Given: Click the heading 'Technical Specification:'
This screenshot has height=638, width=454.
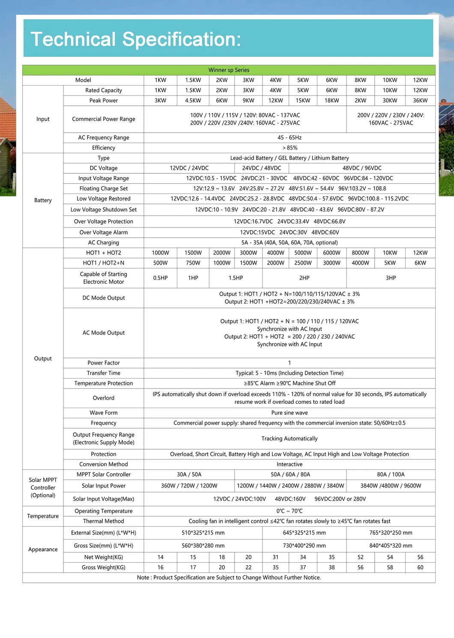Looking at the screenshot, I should click(136, 39).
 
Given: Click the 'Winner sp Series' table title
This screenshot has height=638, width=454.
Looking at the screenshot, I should click(229, 70).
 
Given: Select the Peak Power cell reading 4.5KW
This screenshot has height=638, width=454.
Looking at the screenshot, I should click(193, 101).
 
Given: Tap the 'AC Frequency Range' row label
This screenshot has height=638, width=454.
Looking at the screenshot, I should click(104, 137).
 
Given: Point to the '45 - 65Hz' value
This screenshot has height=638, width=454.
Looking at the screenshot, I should click(290, 137).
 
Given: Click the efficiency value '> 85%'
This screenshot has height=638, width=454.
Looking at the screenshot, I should click(290, 148).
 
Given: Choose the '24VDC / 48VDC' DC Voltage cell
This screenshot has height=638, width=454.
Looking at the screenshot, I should click(262, 168).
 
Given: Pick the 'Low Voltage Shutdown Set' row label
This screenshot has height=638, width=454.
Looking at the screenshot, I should click(104, 210).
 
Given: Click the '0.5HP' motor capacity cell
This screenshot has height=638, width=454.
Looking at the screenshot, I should click(161, 278).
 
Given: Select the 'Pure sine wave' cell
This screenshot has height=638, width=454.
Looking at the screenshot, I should click(290, 413).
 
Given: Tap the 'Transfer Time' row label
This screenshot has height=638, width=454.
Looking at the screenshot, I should click(104, 373).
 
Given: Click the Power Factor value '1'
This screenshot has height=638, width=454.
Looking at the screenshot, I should click(290, 363).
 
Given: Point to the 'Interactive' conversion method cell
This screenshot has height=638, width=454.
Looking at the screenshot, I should click(290, 464).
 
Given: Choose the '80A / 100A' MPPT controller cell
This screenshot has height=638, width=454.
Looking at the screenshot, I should click(391, 474).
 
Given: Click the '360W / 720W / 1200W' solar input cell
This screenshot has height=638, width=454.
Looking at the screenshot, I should click(189, 486).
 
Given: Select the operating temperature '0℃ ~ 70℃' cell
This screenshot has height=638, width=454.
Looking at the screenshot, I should click(290, 511).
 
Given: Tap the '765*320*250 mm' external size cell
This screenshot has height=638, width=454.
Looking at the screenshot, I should click(391, 533).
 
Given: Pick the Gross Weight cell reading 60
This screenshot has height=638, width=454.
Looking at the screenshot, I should click(420, 567).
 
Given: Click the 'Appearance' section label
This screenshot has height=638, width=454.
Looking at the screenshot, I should click(43, 549).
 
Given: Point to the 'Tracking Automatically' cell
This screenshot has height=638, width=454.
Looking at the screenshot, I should click(290, 438).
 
